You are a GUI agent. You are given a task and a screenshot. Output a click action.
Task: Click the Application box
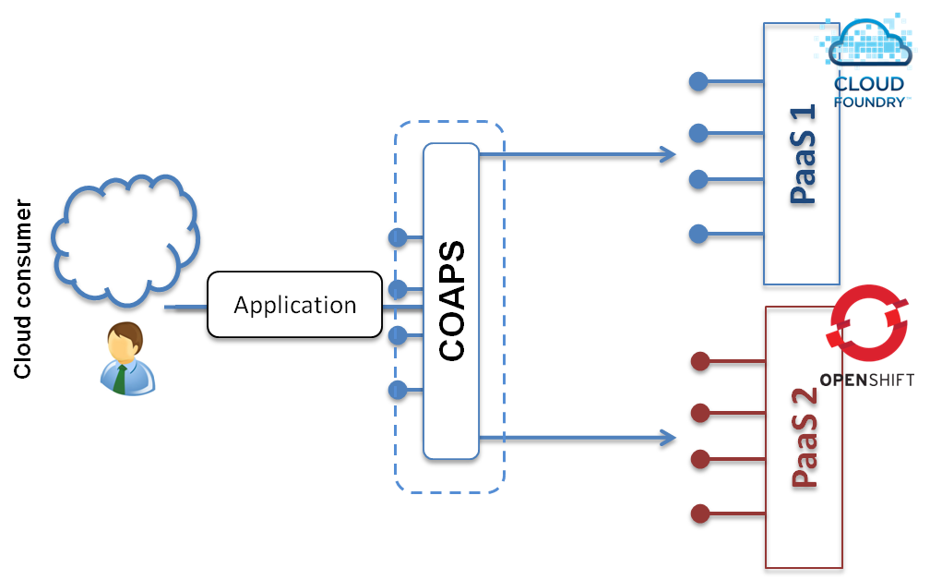[295, 305]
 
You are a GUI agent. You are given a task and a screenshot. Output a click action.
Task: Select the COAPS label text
[452, 301]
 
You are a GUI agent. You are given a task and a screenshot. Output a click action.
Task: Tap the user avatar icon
[127, 359]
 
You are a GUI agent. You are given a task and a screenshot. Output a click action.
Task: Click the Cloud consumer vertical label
[23, 288]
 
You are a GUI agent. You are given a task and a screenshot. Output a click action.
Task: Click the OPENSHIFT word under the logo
[866, 380]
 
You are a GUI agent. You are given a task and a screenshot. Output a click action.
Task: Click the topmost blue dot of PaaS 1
[698, 83]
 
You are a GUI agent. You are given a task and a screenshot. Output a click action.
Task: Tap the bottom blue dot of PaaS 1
[698, 234]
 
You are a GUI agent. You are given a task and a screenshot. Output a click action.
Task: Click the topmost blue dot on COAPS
[398, 238]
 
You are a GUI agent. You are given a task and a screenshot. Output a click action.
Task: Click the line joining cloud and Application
[184, 305]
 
